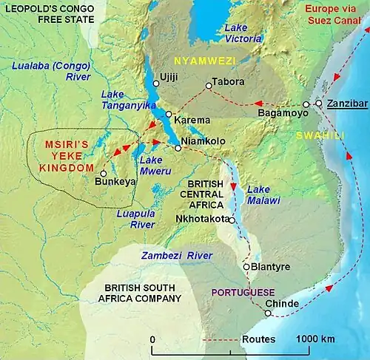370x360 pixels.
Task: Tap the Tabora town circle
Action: (x=208, y=86)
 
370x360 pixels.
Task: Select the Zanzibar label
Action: (x=348, y=104)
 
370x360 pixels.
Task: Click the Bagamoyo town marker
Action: (x=306, y=104)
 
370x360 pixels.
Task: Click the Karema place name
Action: (x=192, y=120)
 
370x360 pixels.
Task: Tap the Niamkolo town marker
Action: (x=178, y=148)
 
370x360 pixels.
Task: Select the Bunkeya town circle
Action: (x=103, y=174)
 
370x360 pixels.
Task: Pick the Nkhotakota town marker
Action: (x=232, y=220)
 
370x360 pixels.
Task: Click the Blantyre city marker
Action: (x=246, y=266)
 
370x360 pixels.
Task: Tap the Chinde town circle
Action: (x=269, y=313)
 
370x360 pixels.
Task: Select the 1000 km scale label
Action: (x=315, y=339)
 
